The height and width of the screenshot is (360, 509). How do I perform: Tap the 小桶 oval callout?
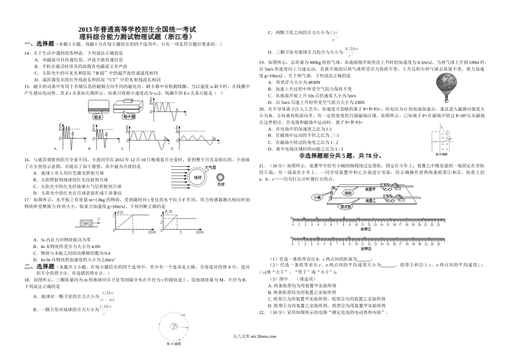[318, 197]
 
